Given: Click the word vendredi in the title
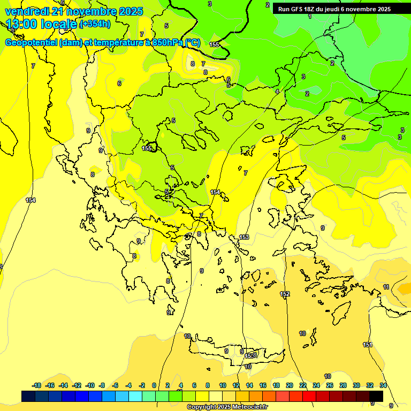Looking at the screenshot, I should [x=27, y=11].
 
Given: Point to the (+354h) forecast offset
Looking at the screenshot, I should [x=95, y=24].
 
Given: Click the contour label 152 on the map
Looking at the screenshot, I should [x=285, y=294].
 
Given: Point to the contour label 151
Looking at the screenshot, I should [x=367, y=345].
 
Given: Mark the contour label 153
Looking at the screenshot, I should [x=244, y=237].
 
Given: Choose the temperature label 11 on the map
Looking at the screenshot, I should [x=386, y=287].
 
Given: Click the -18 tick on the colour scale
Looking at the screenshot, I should [x=36, y=385].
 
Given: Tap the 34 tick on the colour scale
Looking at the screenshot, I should [x=383, y=385].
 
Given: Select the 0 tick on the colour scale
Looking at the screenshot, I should [x=154, y=385].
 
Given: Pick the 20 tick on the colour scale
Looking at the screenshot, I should [x=290, y=385].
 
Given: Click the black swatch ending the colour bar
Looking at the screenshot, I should [x=376, y=396].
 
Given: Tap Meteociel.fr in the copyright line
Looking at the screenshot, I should [x=247, y=407].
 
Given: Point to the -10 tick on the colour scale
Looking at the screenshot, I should [x=90, y=385].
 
